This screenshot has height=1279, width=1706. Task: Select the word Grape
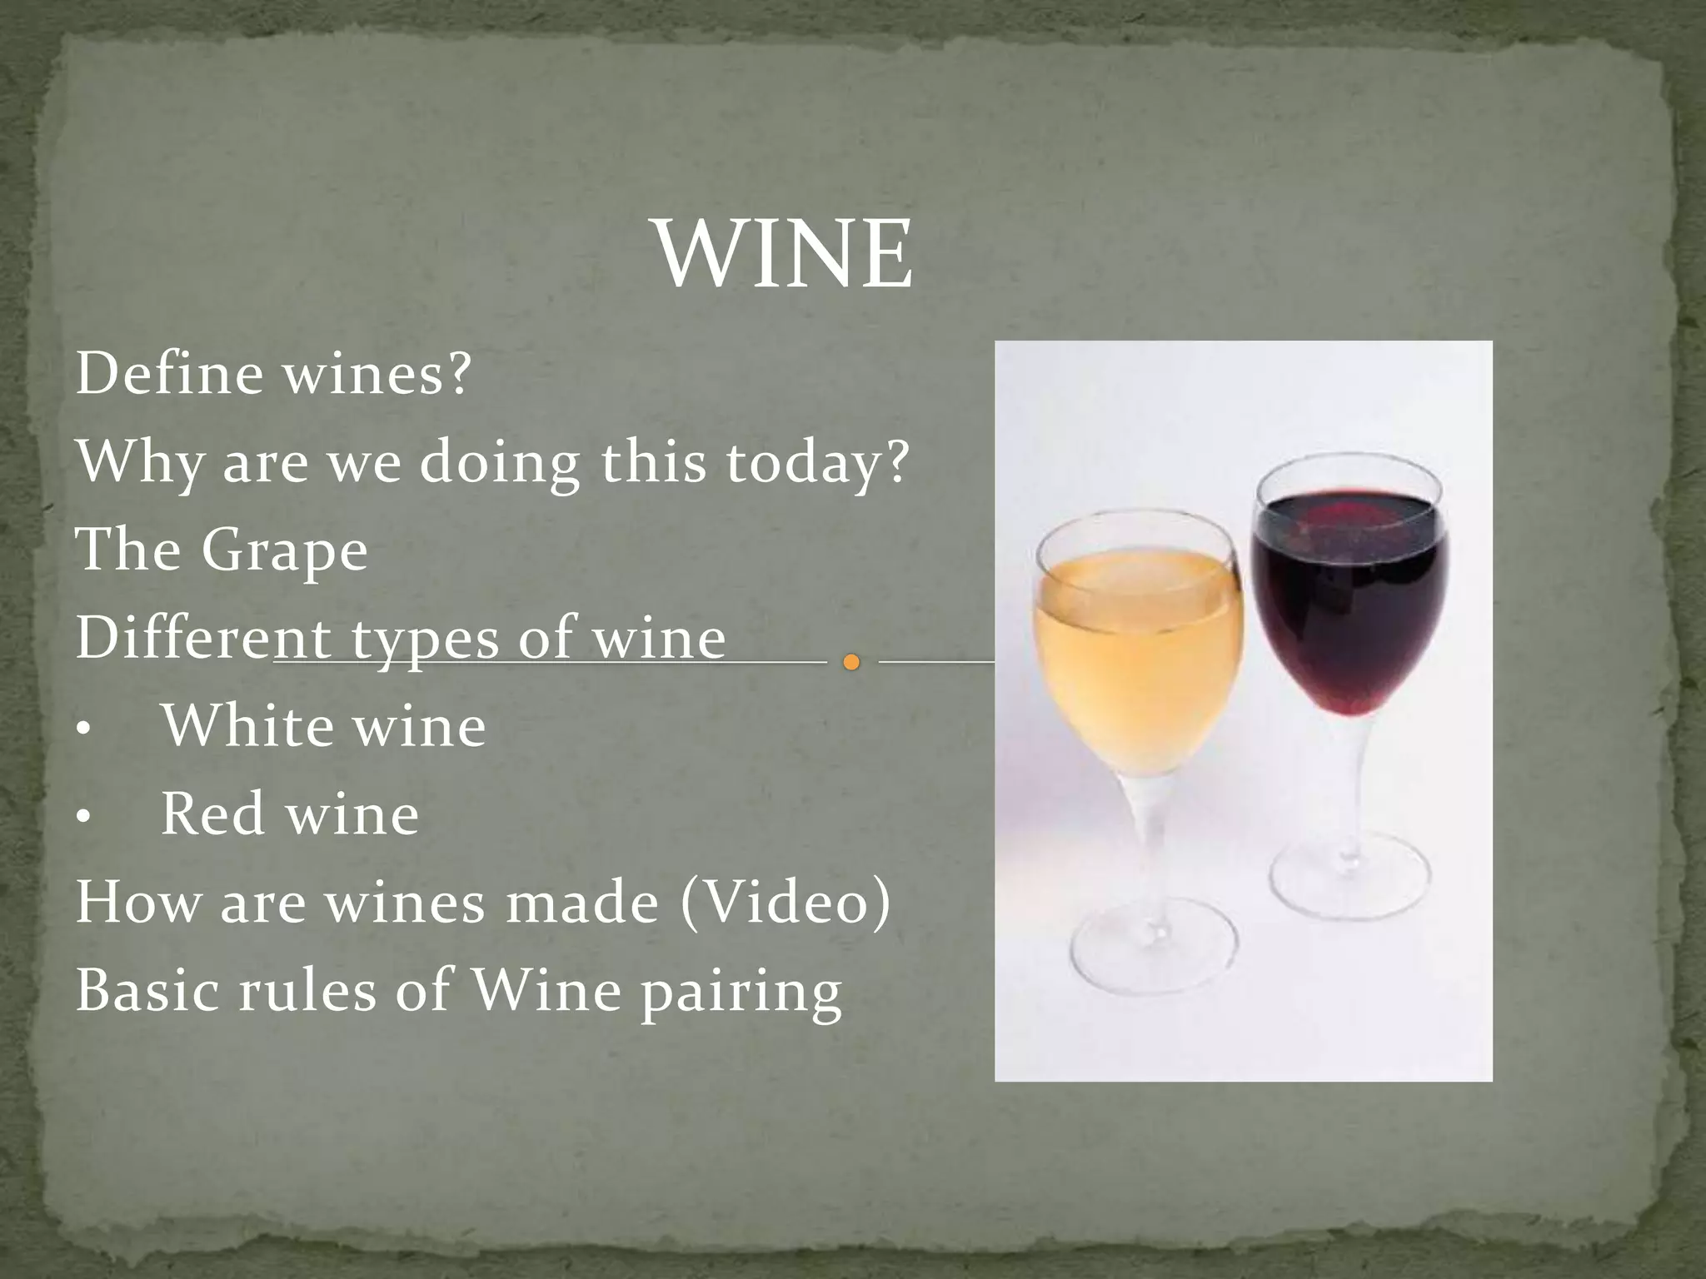[x=283, y=551]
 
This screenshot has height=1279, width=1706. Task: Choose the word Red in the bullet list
[x=212, y=814]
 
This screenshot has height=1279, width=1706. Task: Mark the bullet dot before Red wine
[x=82, y=819]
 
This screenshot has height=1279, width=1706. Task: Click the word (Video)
[x=786, y=903]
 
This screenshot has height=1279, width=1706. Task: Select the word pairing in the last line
[x=741, y=993]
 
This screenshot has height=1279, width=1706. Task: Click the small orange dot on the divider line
[x=851, y=663]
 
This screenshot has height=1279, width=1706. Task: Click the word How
[x=137, y=903]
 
